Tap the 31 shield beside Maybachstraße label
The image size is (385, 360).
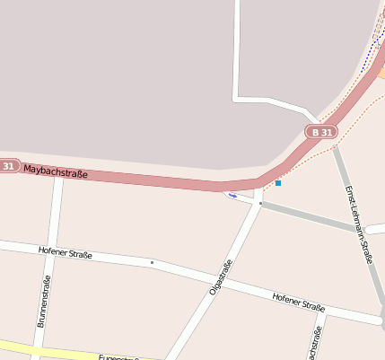8,165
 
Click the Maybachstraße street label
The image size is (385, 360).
56,170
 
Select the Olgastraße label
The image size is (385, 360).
221,277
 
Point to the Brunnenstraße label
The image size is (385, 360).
45,303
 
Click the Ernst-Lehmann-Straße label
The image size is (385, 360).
358,224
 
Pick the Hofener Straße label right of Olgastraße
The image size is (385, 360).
298,301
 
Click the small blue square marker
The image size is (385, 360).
278,183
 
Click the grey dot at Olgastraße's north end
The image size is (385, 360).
260,204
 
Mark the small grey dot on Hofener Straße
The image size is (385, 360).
152,262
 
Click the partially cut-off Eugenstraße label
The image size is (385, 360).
117,356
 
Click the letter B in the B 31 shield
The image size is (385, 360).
315,132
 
